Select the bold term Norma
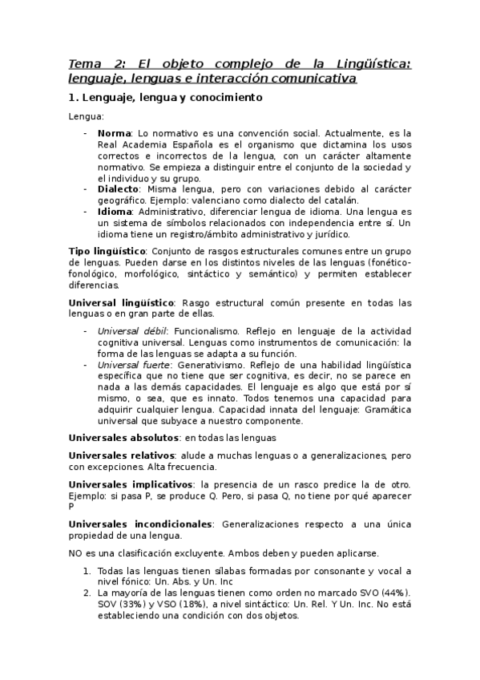[115, 133]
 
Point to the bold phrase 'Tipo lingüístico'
[107, 251]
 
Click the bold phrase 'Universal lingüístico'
[121, 302]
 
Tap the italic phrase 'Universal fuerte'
[128, 365]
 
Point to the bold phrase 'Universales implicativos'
[131, 484]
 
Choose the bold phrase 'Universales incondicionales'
[139, 524]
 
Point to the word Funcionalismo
[205, 330]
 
